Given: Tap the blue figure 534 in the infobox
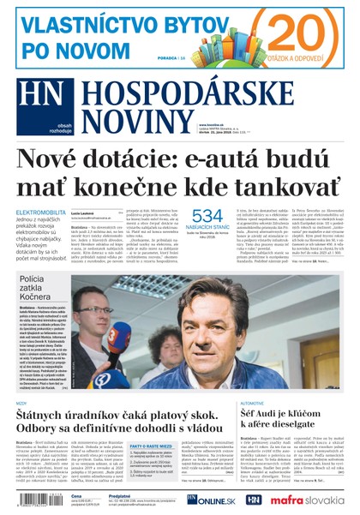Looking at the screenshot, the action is pos(207,217).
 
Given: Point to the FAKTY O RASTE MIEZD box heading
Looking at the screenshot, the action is pos(149,446).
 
